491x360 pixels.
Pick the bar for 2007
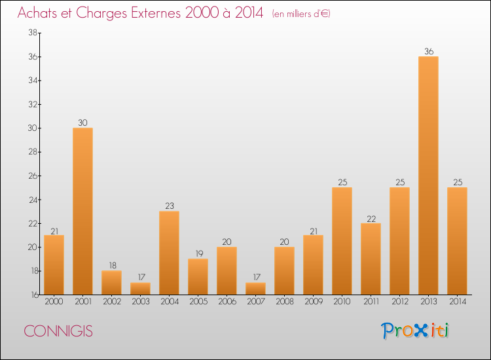click(255, 288)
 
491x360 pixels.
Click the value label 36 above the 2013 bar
click(428, 51)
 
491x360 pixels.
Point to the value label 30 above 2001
click(82, 122)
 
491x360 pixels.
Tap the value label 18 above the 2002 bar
click(111, 265)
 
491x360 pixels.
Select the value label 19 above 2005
click(198, 253)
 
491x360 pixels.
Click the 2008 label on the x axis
click(284, 302)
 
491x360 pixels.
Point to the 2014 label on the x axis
click(457, 302)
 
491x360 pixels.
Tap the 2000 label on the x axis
click(54, 302)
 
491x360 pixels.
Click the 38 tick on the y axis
click(31, 33)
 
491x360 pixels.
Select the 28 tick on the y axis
click(31, 152)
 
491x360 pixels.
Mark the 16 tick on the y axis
click(31, 295)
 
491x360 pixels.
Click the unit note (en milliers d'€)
click(301, 14)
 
